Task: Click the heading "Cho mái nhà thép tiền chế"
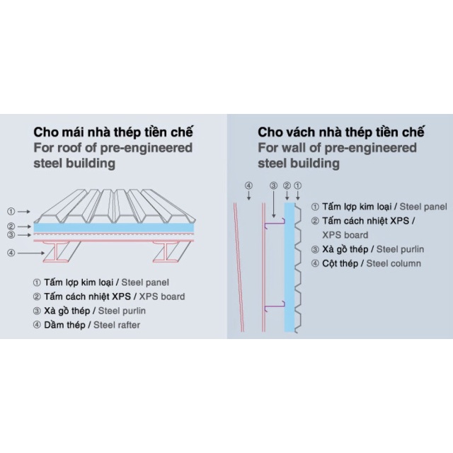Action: pyautogui.click(x=113, y=132)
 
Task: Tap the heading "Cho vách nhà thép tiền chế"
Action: pyautogui.click(x=340, y=132)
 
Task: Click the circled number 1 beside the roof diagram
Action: pyautogui.click(x=11, y=211)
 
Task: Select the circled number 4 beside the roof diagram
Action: pyautogui.click(x=11, y=252)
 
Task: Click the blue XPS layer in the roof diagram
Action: pyautogui.click(x=113, y=228)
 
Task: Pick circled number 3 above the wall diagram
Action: pyautogui.click(x=274, y=186)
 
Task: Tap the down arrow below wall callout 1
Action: pyautogui.click(x=298, y=197)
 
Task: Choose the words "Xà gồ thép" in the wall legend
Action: pyautogui.click(x=346, y=249)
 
